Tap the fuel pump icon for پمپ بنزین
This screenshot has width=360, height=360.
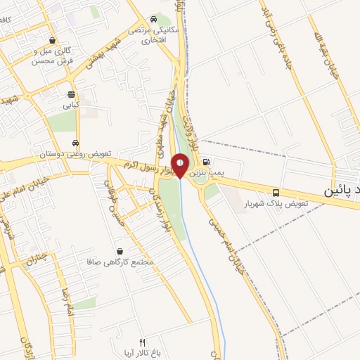click(205, 160)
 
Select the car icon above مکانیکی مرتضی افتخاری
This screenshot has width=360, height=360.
click(154, 19)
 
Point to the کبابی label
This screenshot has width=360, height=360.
click(71, 105)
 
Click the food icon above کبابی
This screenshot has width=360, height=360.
click(71, 94)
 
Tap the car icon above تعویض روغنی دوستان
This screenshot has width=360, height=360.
click(75, 143)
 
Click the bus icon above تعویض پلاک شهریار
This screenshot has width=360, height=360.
click(275, 193)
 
